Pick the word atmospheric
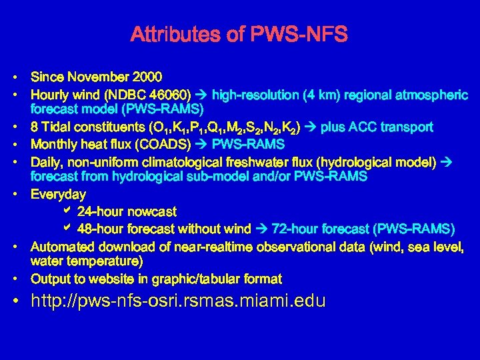click(434, 95)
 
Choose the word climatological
click(169, 161)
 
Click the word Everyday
click(59, 195)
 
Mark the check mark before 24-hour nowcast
click(66, 211)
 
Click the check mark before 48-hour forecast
click(66, 229)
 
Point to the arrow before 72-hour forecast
click(262, 229)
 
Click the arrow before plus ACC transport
click(311, 127)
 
